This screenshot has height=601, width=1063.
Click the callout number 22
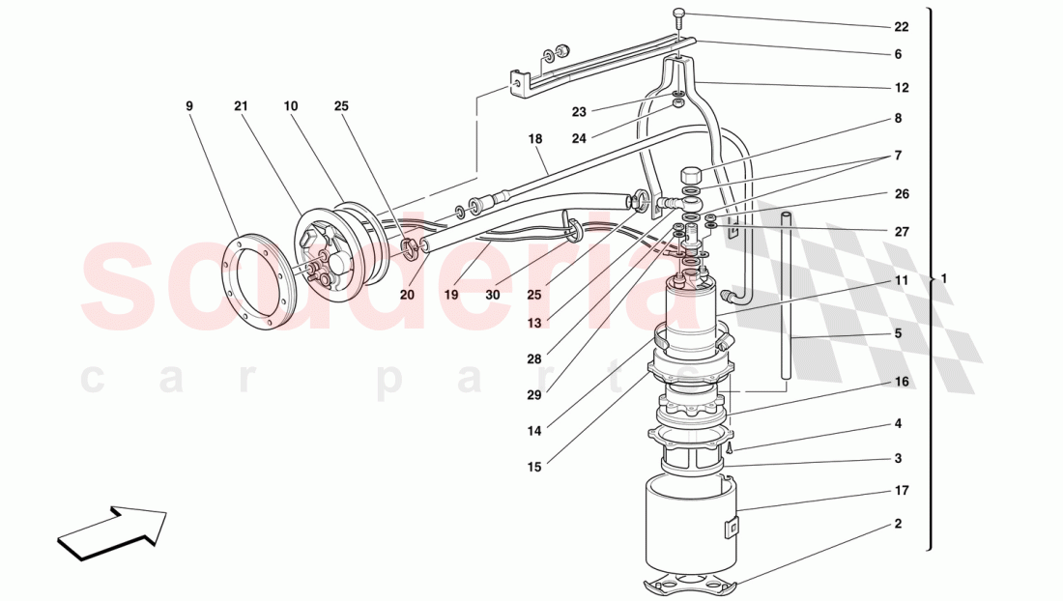pyautogui.click(x=901, y=26)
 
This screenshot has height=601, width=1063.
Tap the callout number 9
pyautogui.click(x=189, y=105)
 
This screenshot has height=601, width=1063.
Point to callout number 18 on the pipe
pyautogui.click(x=534, y=140)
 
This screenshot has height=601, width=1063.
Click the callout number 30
pyautogui.click(x=493, y=295)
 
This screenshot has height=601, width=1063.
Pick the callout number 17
pyautogui.click(x=901, y=491)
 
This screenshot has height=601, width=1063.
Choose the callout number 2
pyautogui.click(x=898, y=525)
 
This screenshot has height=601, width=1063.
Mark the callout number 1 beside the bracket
pyautogui.click(x=944, y=278)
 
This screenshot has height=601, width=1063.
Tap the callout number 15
pyautogui.click(x=534, y=468)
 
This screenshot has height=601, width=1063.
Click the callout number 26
pyautogui.click(x=901, y=194)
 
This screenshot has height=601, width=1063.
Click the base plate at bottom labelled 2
pyautogui.click(x=690, y=583)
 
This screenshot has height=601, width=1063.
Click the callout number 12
pyautogui.click(x=901, y=88)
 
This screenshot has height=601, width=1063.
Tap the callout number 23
pyautogui.click(x=579, y=112)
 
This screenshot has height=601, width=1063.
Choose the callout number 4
pyautogui.click(x=898, y=424)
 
